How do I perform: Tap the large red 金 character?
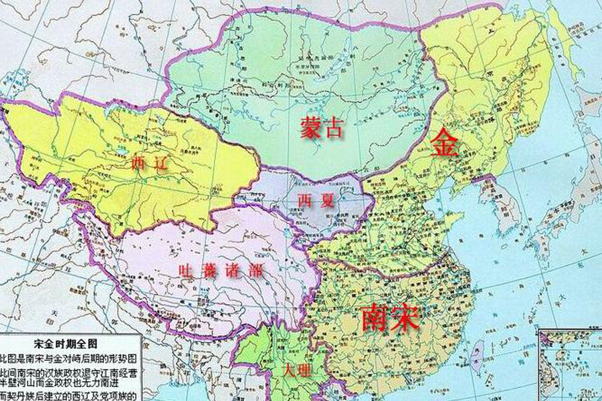[445, 143]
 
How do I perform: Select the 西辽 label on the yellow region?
[146, 162]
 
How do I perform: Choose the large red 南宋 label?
[389, 317]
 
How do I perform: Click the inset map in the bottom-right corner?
[571, 364]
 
